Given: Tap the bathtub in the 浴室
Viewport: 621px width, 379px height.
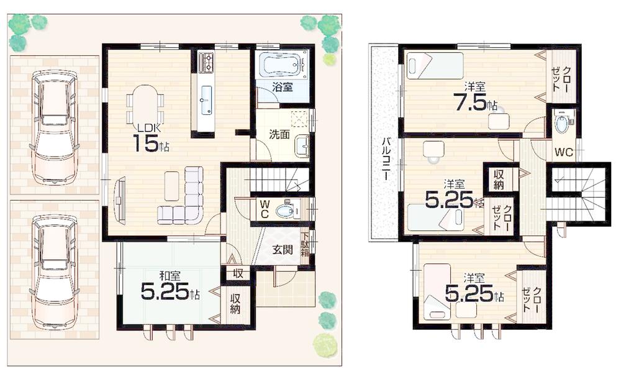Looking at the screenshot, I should click(282, 65).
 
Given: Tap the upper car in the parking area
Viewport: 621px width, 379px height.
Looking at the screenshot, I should click(55, 126).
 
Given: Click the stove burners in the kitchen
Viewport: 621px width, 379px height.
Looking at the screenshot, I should click(206, 62).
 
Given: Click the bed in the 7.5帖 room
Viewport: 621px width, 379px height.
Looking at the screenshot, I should click(435, 66).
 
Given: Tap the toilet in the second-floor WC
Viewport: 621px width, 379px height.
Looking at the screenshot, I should click(562, 122).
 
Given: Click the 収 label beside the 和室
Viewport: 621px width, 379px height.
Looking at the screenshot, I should click(237, 272).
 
